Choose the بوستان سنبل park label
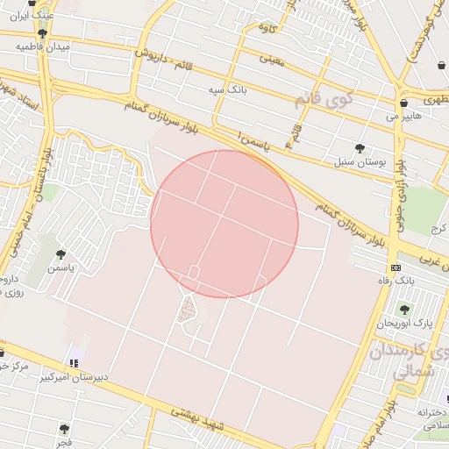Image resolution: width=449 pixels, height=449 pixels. pos(355,162)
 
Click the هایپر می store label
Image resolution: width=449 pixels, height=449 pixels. pos(404,116)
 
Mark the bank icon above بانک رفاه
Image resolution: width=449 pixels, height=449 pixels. pos(396,267)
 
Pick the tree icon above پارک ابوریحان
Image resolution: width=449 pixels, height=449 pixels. pos(404,310)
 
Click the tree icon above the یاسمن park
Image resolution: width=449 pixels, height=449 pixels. pos(61,253)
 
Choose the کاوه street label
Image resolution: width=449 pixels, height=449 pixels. pos(267,28)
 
